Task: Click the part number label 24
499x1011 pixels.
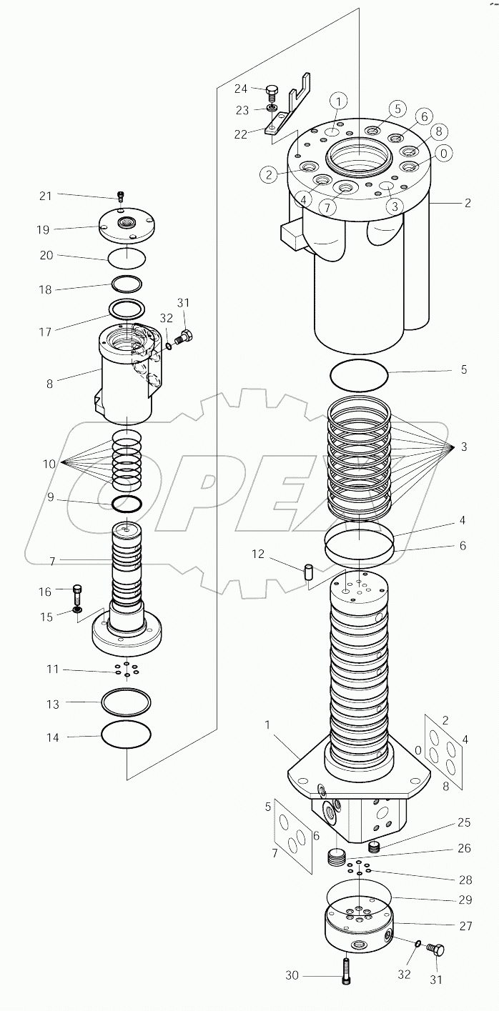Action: point(241,89)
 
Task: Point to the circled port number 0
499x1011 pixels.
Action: point(444,152)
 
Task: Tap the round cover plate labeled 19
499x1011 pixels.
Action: point(127,226)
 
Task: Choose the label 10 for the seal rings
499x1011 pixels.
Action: point(49,464)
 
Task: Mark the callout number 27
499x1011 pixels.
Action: point(465,925)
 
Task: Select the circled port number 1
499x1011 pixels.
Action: point(338,101)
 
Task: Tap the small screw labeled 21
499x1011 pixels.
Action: point(121,196)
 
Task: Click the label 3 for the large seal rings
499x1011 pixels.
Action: point(464,447)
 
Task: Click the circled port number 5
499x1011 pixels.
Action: point(398,109)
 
